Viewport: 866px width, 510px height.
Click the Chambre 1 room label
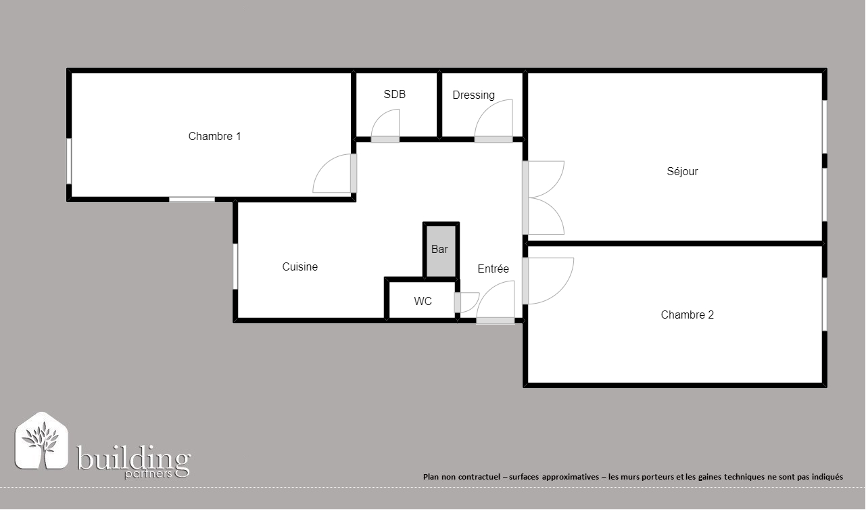coord(214,136)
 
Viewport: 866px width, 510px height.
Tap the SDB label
coord(394,94)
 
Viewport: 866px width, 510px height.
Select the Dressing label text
coord(474,95)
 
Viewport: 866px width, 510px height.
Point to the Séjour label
coord(682,171)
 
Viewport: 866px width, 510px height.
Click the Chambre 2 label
coord(687,315)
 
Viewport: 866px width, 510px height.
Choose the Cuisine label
coord(300,266)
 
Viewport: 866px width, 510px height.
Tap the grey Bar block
coord(441,251)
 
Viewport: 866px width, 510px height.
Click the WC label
coord(423,301)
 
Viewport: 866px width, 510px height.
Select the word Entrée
coord(493,269)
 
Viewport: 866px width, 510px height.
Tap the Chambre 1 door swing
coord(323,164)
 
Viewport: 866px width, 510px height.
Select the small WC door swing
coord(474,304)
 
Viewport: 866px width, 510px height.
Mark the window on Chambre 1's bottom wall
coord(192,200)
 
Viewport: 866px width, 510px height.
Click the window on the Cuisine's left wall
coord(235,266)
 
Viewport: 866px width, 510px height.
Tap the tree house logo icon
coord(41,441)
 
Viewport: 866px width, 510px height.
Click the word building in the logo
coord(133,459)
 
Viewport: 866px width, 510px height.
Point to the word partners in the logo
coord(148,475)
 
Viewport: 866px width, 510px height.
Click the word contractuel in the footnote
coord(479,477)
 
